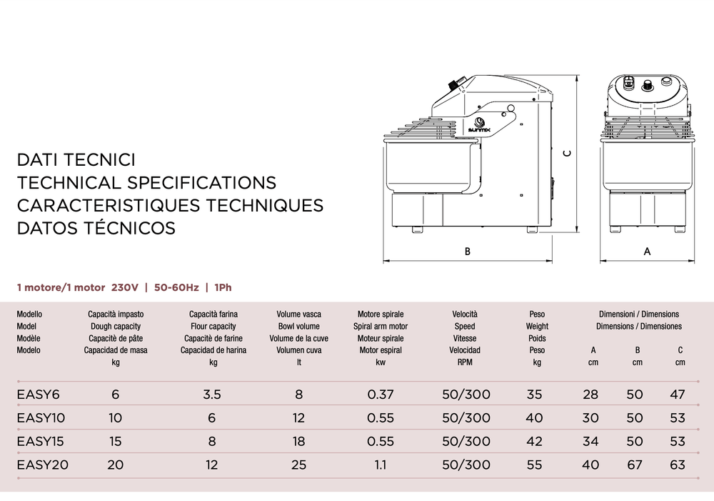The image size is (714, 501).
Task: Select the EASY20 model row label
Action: (x=42, y=465)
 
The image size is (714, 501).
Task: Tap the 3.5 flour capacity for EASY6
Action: (x=212, y=395)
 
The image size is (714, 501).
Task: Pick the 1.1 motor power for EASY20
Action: (x=380, y=465)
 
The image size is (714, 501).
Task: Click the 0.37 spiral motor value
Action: (x=380, y=395)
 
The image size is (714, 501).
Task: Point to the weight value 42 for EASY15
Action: (x=534, y=442)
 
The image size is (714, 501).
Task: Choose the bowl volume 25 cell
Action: (x=298, y=465)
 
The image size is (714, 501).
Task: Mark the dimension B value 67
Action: (x=635, y=465)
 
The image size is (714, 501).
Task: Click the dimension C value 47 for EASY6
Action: (x=678, y=395)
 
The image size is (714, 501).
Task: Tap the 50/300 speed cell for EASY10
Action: (x=466, y=418)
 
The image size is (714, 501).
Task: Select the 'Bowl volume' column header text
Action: (x=298, y=326)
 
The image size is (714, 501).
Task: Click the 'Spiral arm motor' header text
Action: (x=380, y=326)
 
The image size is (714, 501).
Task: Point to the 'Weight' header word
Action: (x=537, y=326)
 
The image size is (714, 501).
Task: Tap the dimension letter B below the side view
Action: (x=468, y=252)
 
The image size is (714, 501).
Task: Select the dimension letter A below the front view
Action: (x=647, y=252)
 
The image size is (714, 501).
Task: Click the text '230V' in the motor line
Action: (x=124, y=288)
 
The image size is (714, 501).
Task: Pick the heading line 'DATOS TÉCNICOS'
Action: (x=96, y=228)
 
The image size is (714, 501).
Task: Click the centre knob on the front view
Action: (x=648, y=85)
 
